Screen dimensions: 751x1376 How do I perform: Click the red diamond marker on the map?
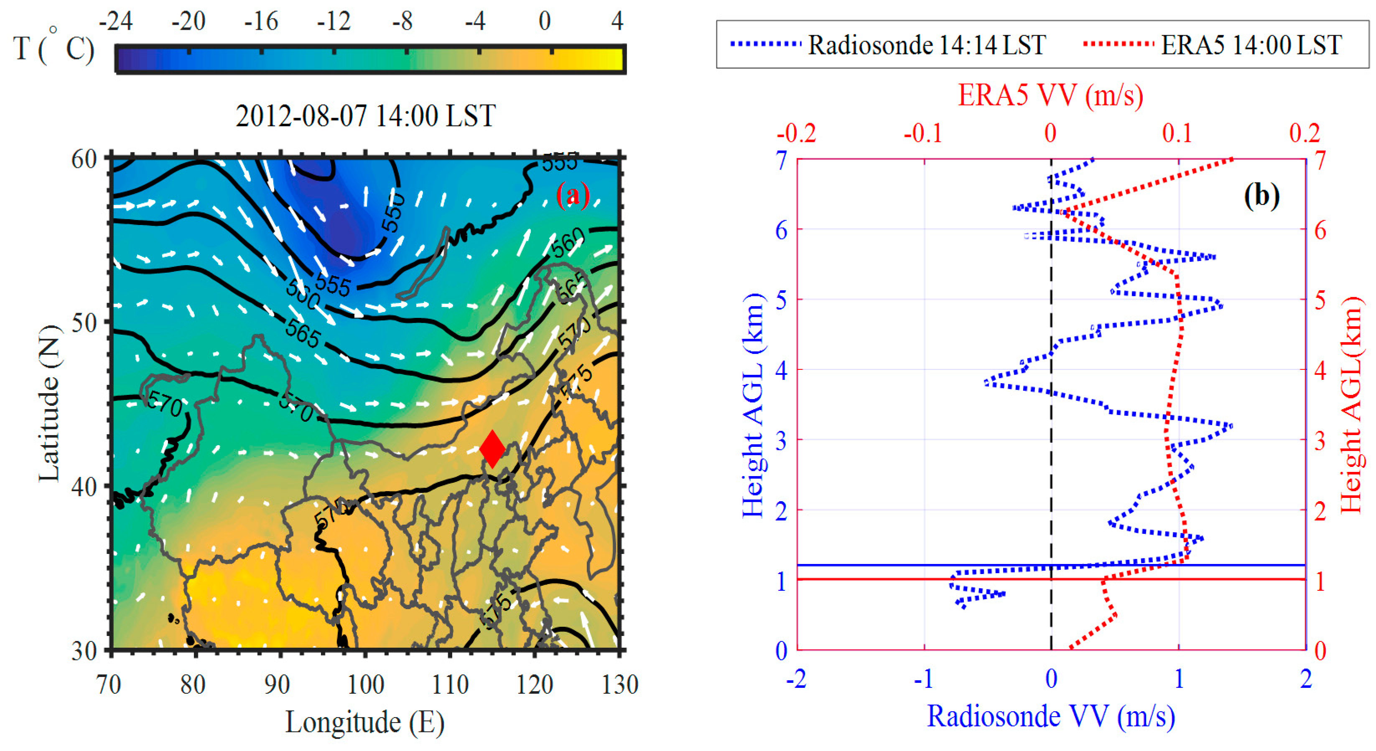(x=492, y=449)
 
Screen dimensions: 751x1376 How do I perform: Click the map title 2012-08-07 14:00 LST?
(x=365, y=115)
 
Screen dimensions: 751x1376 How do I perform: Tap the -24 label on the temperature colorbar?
(x=115, y=21)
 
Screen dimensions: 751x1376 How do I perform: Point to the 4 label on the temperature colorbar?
(x=617, y=21)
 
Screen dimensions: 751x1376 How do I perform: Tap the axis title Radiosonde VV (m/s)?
(x=1050, y=716)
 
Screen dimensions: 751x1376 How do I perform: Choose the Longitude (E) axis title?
(x=365, y=723)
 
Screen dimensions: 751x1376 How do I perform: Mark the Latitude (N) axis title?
(x=49, y=404)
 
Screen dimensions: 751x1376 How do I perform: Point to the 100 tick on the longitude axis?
(x=365, y=685)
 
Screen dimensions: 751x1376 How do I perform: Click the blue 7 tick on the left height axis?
(x=782, y=160)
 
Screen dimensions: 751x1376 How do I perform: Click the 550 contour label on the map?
(x=393, y=213)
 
